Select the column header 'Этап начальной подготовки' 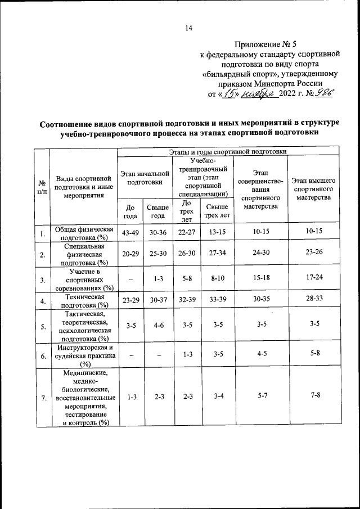click(145, 178)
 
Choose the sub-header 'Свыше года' click(157, 211)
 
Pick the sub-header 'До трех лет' click(187, 211)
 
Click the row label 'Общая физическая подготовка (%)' click(84, 233)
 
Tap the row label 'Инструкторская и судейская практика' click(84, 355)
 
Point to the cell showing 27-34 click(217, 253)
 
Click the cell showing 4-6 click(157, 325)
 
